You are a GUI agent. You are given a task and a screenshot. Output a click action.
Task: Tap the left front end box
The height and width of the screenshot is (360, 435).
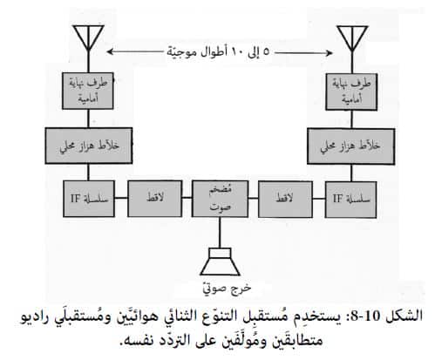[88, 91]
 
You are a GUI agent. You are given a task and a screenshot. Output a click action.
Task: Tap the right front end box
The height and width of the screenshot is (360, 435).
[351, 92]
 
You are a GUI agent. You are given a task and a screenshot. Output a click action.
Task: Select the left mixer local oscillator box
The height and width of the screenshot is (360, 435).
[89, 146]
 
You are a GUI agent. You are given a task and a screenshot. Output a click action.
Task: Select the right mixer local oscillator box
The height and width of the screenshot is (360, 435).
[351, 146]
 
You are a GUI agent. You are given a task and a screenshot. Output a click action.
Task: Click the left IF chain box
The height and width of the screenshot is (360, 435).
[89, 199]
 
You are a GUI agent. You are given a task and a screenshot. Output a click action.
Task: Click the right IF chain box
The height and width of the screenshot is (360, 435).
[350, 200]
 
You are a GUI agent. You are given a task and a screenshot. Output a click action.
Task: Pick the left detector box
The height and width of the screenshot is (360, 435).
[155, 199]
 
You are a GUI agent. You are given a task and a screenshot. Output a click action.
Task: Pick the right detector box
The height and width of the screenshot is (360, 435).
[285, 200]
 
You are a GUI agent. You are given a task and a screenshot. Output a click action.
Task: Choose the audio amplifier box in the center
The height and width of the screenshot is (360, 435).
[220, 199]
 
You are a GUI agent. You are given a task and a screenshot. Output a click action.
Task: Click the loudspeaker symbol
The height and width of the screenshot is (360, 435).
[220, 262]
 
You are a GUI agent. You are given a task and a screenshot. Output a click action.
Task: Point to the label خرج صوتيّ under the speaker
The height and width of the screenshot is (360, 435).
[227, 288]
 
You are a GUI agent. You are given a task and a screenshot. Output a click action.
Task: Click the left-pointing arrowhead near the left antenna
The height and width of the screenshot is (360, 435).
[110, 51]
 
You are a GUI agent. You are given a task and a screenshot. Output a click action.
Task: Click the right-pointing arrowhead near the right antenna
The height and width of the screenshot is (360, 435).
[330, 52]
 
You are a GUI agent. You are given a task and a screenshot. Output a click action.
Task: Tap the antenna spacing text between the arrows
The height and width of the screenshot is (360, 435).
[218, 52]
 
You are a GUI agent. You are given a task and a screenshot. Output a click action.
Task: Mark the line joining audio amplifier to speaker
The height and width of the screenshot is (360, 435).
[220, 233]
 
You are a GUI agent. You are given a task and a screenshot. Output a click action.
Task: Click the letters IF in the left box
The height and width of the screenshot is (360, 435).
[75, 199]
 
